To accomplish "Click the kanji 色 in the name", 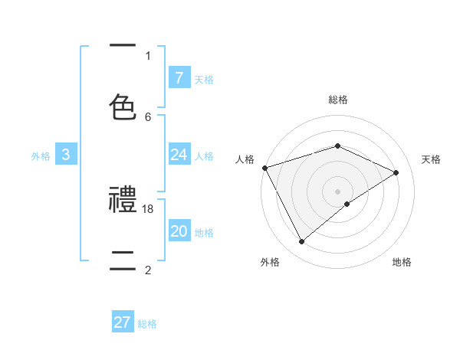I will coord(123,106).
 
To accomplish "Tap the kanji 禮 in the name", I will coord(123,201).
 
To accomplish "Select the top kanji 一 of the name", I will coord(123,46).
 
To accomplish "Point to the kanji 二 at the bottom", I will coord(123,259).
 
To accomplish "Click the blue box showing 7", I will coord(179,77).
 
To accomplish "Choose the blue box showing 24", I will coord(179,155).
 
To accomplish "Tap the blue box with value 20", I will coord(179,231).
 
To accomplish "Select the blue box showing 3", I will coord(66,155).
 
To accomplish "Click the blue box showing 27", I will coord(123,322).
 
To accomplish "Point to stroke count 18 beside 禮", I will coord(149,208).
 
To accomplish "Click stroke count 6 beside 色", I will coord(148,116).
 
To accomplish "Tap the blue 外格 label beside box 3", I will coord(41,155).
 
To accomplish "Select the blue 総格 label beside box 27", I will coord(147,323).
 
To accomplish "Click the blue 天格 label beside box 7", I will coord(204,78).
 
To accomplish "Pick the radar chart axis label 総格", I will coord(337,100).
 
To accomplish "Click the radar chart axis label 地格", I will coord(402,262).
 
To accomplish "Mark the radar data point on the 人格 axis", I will coord(264,167).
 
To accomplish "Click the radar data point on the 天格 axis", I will coord(396,172).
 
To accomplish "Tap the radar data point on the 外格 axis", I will coord(301,242).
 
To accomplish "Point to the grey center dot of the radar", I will coord(337,191).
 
